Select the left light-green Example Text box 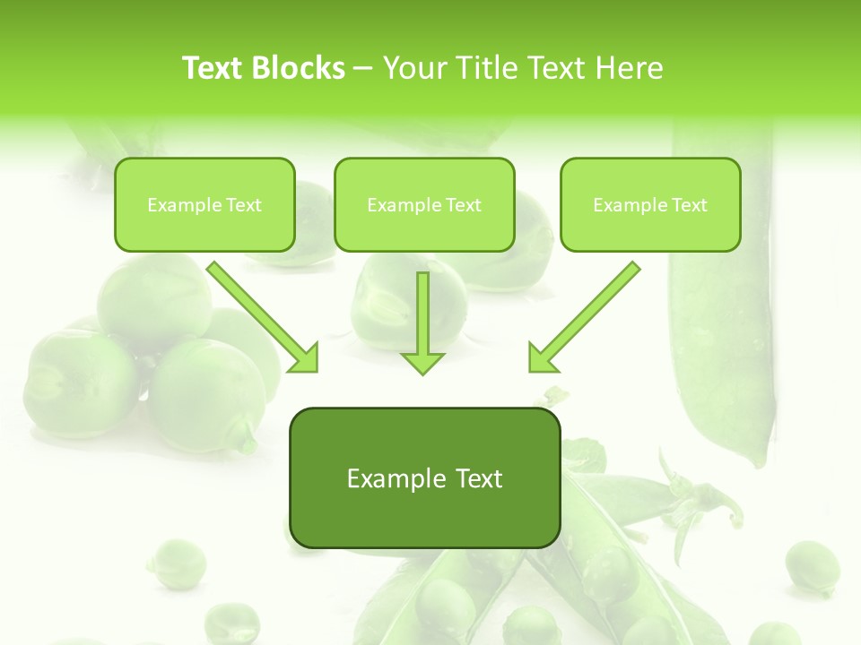tap(204, 204)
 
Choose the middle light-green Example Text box tap(424, 204)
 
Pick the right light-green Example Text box tap(650, 204)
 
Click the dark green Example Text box tap(424, 478)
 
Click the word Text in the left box tap(243, 204)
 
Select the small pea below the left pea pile tap(177, 563)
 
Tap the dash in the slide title tap(363, 68)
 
